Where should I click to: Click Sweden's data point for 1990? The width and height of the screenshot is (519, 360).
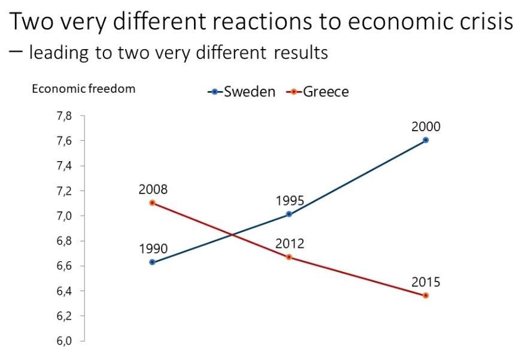(152, 262)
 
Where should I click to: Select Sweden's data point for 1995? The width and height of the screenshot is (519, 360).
(289, 214)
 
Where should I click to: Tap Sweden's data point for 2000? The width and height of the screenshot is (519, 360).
(426, 140)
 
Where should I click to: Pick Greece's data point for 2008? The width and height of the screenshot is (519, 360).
(152, 202)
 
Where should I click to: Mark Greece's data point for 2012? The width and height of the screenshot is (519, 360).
(289, 257)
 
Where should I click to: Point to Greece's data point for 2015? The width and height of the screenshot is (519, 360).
(426, 295)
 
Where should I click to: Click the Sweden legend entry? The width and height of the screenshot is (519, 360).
(242, 92)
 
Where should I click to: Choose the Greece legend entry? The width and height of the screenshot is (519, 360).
(318, 92)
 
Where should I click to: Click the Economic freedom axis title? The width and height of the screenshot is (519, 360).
(83, 89)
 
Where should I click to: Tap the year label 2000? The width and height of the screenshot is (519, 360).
(426, 126)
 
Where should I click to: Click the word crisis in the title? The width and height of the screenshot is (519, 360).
(485, 23)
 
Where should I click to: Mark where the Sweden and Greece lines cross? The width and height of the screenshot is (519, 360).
(232, 234)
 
